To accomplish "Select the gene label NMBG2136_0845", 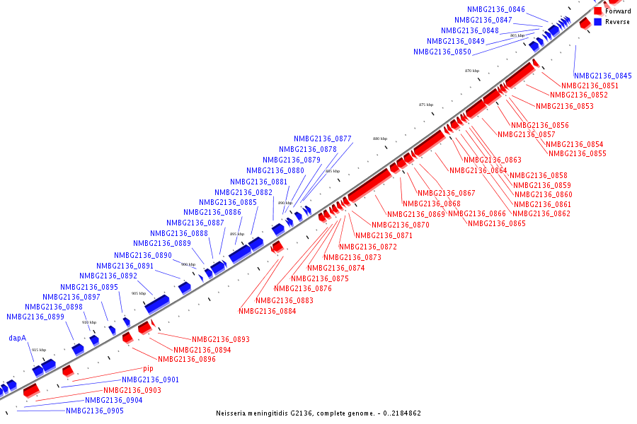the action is pyautogui.click(x=602, y=76).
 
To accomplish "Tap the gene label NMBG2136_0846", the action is pyautogui.click(x=495, y=10).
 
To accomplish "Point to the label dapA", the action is pyautogui.click(x=18, y=338).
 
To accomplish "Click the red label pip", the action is pyautogui.click(x=148, y=369).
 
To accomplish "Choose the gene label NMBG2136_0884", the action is pyautogui.click(x=267, y=311).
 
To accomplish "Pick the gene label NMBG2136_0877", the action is pyautogui.click(x=323, y=139).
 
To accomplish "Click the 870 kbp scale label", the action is pyautogui.click(x=472, y=71).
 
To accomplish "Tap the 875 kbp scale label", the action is pyautogui.click(x=426, y=105).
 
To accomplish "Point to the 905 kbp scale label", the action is pyautogui.click(x=139, y=293).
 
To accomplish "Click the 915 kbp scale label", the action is pyautogui.click(x=38, y=350).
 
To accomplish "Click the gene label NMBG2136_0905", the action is pyautogui.click(x=95, y=411).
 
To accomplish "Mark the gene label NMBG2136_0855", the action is pyautogui.click(x=577, y=154).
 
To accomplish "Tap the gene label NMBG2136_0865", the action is pyautogui.click(x=497, y=224).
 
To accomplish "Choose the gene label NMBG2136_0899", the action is pyautogui.click(x=35, y=317).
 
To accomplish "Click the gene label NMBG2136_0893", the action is pyautogui.click(x=220, y=340).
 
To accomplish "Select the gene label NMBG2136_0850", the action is pyautogui.click(x=442, y=52).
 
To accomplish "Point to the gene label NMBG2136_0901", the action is pyautogui.click(x=150, y=380).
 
